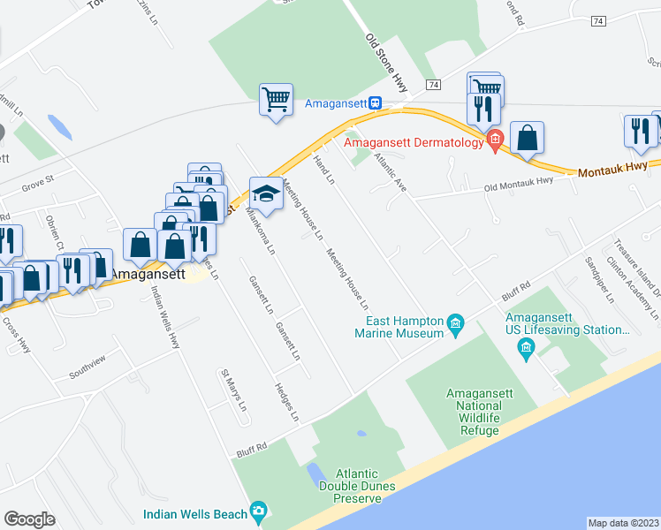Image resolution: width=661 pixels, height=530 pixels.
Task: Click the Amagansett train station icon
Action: (376, 102)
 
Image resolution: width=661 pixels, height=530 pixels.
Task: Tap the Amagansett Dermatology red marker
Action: (495, 139)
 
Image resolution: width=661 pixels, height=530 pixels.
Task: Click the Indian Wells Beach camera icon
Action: (258, 511)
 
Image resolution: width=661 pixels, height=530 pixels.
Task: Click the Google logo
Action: (29, 519)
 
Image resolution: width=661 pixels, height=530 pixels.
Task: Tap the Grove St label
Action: (38, 182)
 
